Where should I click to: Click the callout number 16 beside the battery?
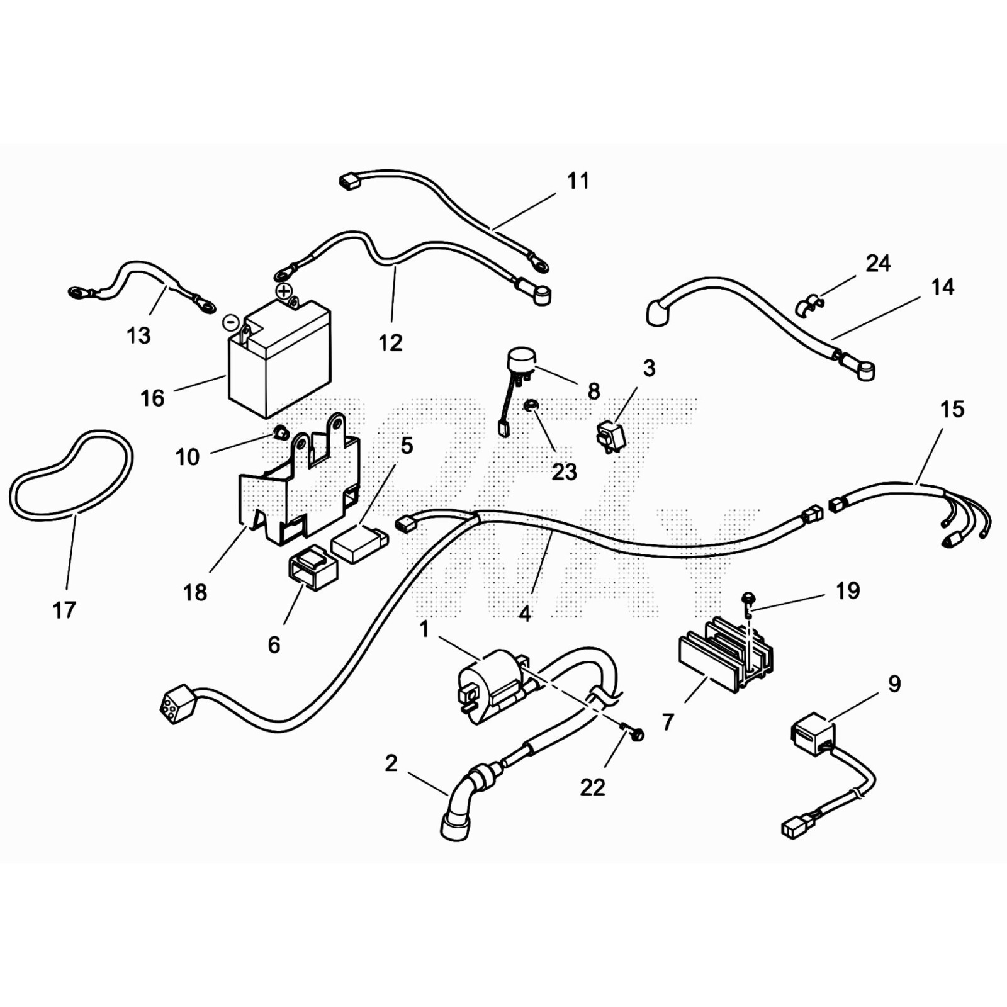(152, 398)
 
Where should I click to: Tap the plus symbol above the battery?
(284, 291)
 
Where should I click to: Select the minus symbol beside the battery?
(231, 323)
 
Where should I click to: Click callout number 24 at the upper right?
(878, 263)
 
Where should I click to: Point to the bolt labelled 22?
(636, 734)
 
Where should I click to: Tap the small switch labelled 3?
(610, 436)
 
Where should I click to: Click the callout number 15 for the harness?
(952, 410)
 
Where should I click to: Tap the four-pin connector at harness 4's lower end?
(176, 700)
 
